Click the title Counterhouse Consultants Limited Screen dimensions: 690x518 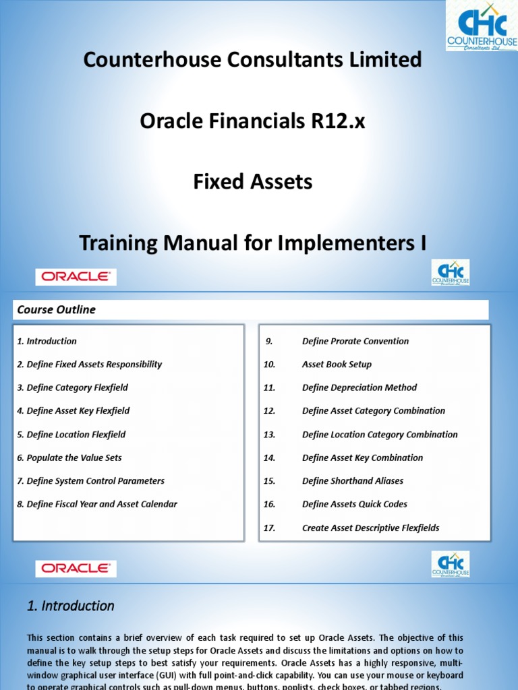click(x=252, y=60)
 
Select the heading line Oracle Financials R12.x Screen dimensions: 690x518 click(x=252, y=121)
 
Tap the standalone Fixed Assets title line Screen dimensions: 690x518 click(x=252, y=182)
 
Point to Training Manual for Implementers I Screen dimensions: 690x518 click(x=252, y=243)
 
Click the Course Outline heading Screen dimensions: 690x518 click(x=56, y=310)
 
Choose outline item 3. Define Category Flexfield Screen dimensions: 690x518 click(x=72, y=387)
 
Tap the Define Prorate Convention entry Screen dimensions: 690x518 click(x=355, y=341)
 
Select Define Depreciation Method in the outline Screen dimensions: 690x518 click(x=359, y=387)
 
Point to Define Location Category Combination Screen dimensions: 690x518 click(x=380, y=435)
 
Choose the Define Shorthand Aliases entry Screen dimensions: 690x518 click(x=353, y=481)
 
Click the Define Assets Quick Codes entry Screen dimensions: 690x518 click(x=355, y=504)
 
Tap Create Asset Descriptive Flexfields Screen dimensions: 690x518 click(x=370, y=528)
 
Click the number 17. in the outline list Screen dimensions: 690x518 click(x=270, y=528)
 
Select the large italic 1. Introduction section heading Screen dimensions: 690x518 click(x=71, y=606)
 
